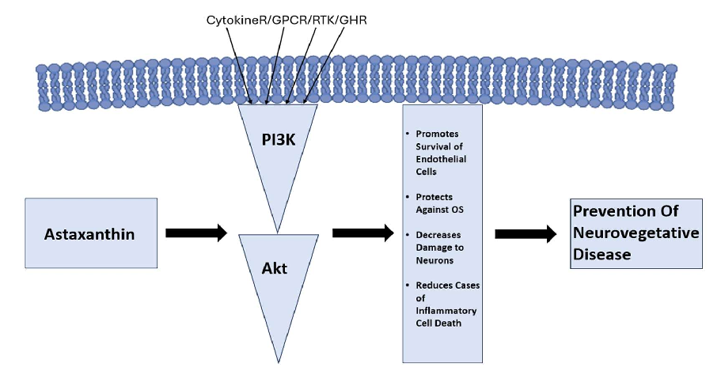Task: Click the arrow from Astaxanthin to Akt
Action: click(195, 233)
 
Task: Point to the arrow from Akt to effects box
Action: click(362, 233)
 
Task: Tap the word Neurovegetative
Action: click(636, 233)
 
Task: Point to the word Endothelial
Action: click(441, 159)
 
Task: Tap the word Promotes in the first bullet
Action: click(437, 134)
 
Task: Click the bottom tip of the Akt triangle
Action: click(278, 361)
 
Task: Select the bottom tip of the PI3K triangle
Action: click(278, 231)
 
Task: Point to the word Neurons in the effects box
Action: click(436, 260)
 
